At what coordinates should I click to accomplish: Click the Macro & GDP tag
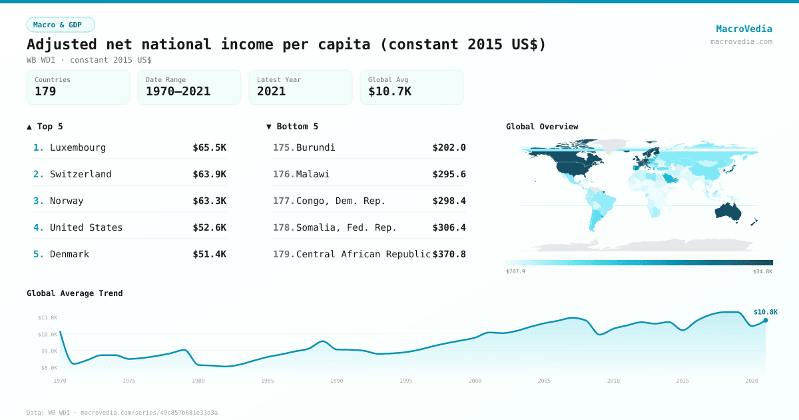tap(61, 25)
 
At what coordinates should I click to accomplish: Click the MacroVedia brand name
tap(744, 29)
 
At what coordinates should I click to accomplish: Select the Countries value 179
tap(45, 91)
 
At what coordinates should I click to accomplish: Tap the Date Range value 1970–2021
tap(178, 91)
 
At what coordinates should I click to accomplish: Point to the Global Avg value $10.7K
tap(390, 91)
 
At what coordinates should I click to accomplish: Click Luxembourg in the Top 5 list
tap(77, 147)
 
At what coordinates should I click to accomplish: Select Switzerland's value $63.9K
tap(209, 174)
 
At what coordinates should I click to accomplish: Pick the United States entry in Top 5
tap(86, 227)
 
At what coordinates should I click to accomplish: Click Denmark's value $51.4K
tap(209, 254)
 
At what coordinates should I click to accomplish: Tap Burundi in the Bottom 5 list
tap(316, 147)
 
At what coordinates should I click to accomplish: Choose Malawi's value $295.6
tap(449, 174)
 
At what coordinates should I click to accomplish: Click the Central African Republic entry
tap(363, 254)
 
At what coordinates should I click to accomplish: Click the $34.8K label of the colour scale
tap(763, 272)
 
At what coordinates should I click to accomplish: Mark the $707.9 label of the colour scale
tap(515, 272)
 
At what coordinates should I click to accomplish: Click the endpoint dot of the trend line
tap(766, 321)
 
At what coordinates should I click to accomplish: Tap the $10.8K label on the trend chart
tap(765, 312)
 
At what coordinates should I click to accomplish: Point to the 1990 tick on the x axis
tap(337, 381)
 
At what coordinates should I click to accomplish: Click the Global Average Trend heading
tap(75, 293)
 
